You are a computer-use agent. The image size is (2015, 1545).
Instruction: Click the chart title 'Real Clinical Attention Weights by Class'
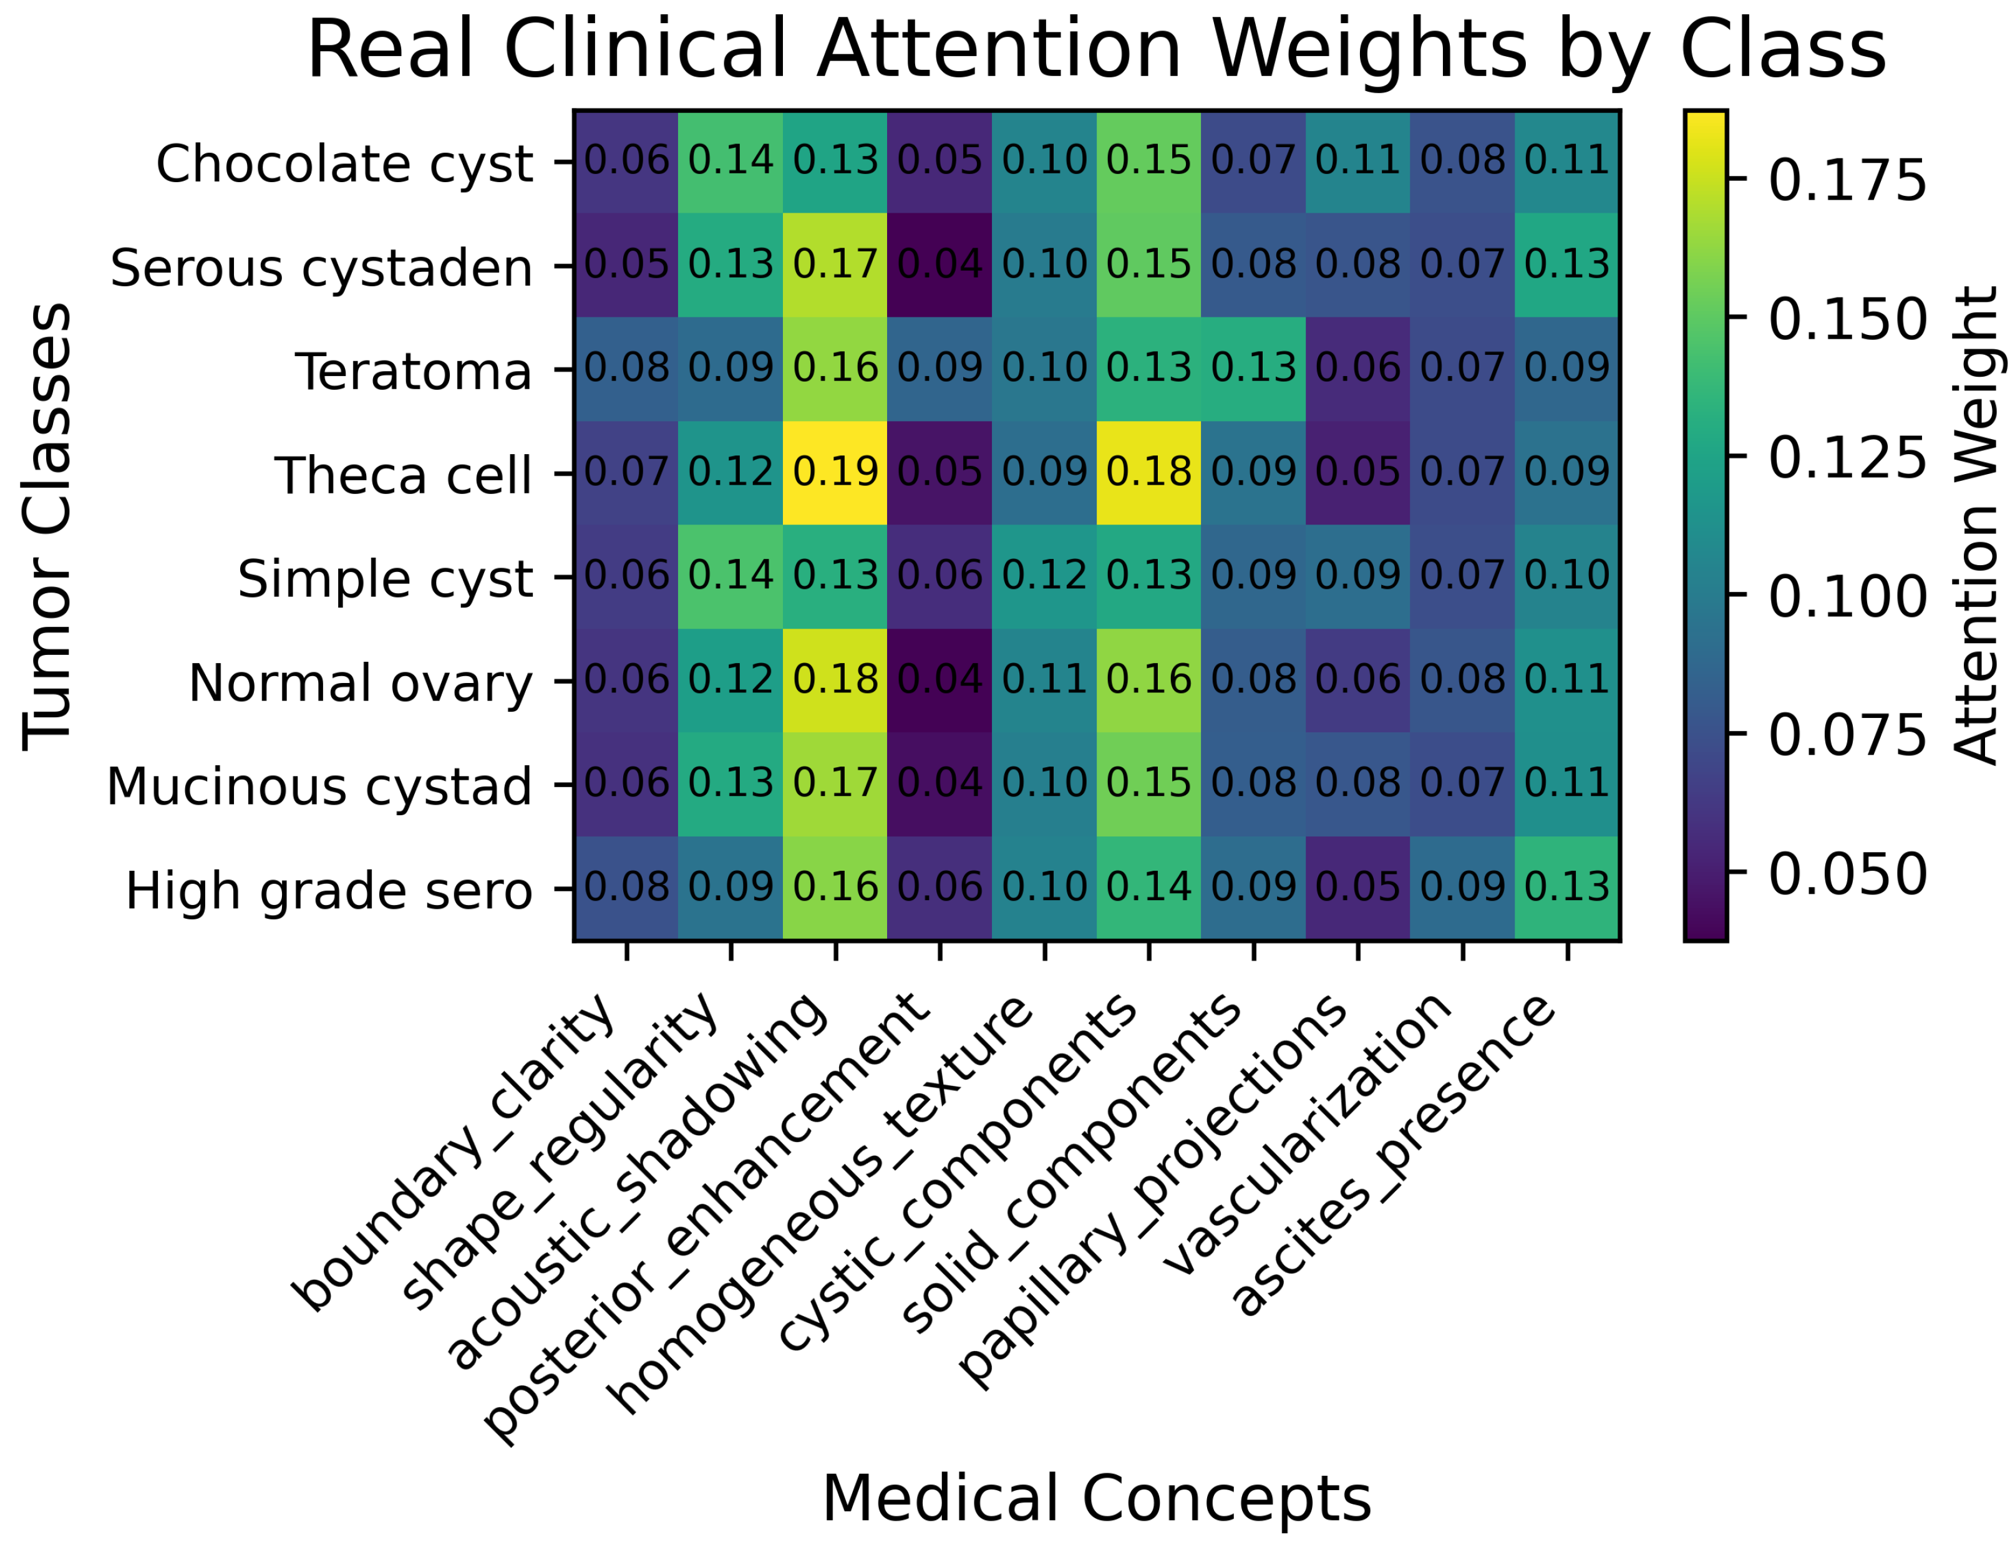[x=1095, y=51]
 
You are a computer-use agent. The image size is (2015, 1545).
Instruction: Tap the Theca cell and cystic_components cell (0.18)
[x=1148, y=473]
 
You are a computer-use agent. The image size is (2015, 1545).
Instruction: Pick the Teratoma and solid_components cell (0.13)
[x=1253, y=369]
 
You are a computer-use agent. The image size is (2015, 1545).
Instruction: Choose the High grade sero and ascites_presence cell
[x=1566, y=888]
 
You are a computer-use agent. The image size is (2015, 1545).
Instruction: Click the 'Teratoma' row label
[x=413, y=372]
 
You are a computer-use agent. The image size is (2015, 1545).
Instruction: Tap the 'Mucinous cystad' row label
[x=319, y=787]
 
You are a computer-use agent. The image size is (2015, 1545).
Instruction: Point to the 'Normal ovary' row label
[x=361, y=683]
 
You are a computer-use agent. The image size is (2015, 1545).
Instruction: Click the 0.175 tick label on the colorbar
[x=1847, y=180]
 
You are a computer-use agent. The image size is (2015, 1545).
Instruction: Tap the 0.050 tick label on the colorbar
[x=1847, y=874]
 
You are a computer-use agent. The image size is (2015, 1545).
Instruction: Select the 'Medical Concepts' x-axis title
[x=1096, y=1499]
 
